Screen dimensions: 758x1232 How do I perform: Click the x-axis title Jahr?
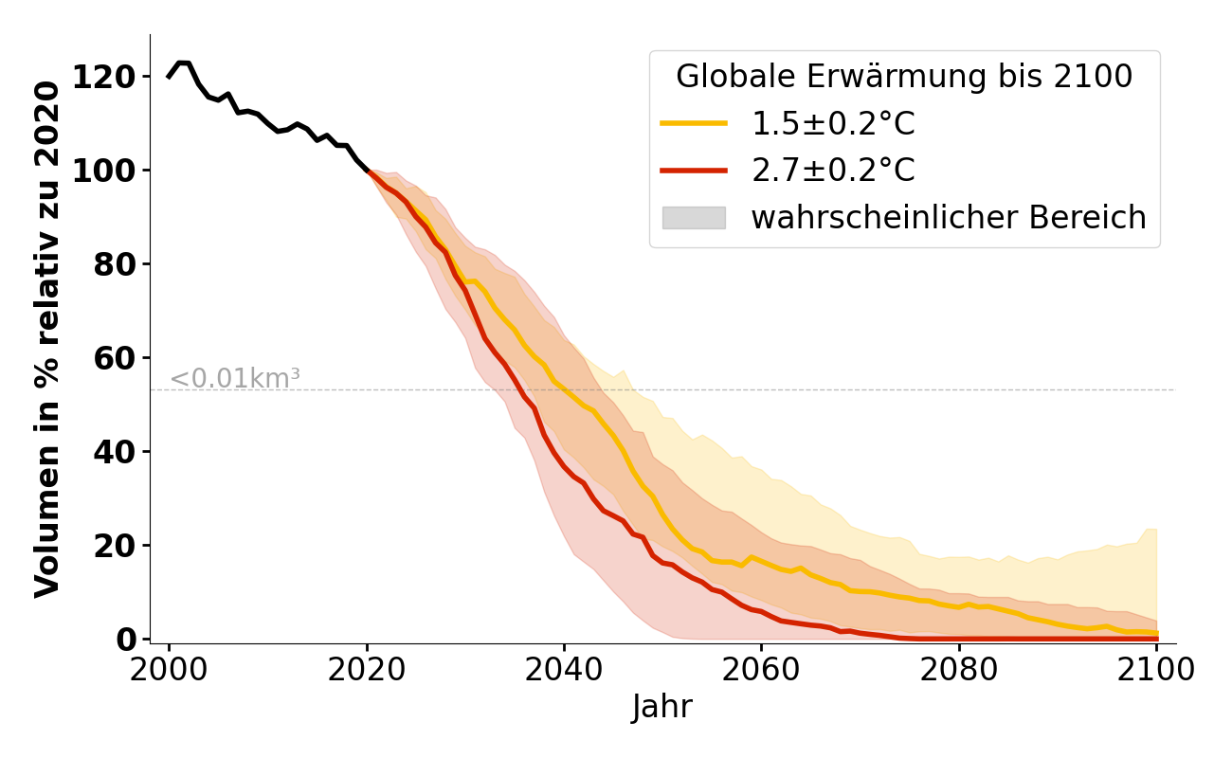click(662, 708)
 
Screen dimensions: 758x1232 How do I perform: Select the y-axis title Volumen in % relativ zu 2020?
click(47, 338)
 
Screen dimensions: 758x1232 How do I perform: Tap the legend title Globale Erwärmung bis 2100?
click(904, 77)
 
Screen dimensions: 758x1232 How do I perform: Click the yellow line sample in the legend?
click(694, 123)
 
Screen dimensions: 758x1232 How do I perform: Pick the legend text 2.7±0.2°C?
click(833, 171)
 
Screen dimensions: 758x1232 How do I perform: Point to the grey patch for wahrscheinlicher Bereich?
click(694, 218)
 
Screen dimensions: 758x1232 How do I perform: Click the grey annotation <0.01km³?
click(235, 378)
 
